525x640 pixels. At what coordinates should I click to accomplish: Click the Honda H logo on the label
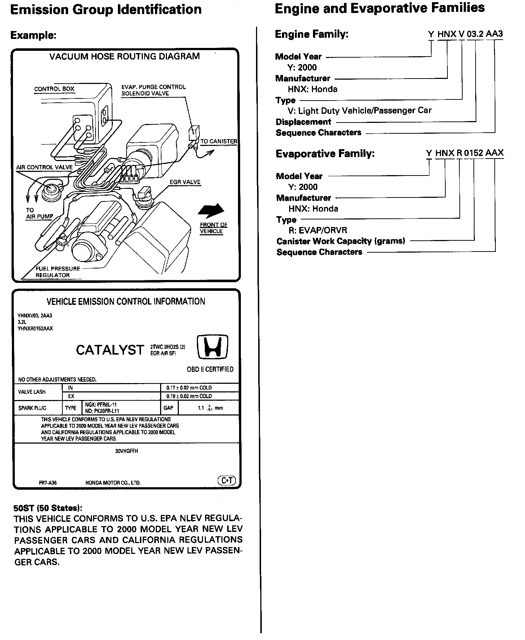point(213,347)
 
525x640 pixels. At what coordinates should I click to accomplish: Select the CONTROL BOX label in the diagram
point(54,89)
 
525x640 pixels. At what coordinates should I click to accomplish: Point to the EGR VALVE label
point(185,182)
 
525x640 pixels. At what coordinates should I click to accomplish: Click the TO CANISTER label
point(219,141)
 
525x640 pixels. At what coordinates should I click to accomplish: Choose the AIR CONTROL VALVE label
point(44,167)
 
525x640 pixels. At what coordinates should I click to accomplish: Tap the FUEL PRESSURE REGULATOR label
point(57,272)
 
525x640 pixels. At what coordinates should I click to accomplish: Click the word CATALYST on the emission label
point(110,350)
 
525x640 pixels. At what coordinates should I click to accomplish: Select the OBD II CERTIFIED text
point(210,369)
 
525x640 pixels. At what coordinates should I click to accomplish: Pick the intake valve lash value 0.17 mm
point(189,388)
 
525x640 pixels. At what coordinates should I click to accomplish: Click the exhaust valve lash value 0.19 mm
point(189,396)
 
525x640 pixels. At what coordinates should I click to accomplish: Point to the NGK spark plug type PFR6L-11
point(101,405)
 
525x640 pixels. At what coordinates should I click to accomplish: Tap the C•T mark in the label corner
point(226,480)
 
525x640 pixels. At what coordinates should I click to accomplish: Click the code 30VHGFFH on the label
point(127,451)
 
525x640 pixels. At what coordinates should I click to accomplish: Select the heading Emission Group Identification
point(106,9)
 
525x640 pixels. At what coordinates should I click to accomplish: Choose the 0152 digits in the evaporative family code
point(473,153)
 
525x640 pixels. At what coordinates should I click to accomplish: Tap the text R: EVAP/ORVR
point(317,230)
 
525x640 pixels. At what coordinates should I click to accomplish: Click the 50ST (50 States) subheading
point(48,508)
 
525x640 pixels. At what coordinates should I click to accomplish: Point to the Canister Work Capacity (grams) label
point(341,241)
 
